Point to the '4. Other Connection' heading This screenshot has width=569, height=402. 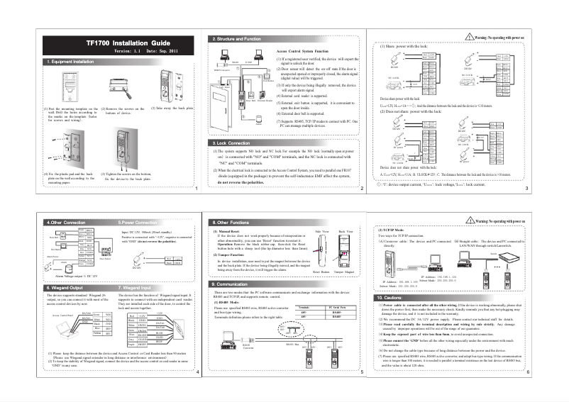coord(65,222)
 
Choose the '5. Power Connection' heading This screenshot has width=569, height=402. coord(140,222)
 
